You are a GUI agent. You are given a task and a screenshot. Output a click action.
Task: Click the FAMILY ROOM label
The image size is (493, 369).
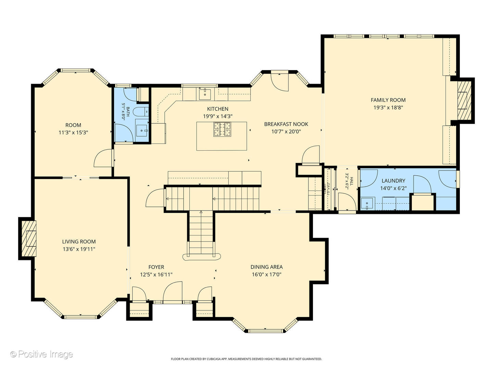click(x=388, y=100)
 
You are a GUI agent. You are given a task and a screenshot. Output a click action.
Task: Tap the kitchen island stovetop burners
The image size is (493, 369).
click(x=223, y=129)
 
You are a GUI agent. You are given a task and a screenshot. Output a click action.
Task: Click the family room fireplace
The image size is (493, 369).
click(x=463, y=100)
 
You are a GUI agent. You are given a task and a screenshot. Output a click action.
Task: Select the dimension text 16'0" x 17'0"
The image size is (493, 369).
click(x=266, y=274)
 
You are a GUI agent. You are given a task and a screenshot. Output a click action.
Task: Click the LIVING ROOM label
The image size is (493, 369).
click(x=79, y=242)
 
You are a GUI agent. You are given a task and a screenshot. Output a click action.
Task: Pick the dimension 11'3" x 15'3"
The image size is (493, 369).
click(x=73, y=133)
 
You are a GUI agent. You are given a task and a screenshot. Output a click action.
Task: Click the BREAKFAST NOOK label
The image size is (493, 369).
click(x=286, y=124)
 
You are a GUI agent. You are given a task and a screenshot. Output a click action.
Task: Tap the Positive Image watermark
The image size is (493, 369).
click(x=41, y=354)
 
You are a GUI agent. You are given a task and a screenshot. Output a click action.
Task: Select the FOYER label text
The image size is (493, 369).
click(x=156, y=267)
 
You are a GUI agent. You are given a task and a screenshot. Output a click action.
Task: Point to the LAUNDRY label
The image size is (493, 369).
click(x=393, y=180)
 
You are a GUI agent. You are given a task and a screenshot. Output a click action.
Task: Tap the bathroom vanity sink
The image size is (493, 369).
click(x=142, y=130)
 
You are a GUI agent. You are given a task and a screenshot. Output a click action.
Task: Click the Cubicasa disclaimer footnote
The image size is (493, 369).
click(x=246, y=359)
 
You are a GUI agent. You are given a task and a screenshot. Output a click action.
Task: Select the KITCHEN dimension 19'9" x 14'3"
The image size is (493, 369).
click(x=217, y=116)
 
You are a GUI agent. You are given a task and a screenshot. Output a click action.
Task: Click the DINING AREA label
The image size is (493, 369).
click(x=266, y=267)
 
